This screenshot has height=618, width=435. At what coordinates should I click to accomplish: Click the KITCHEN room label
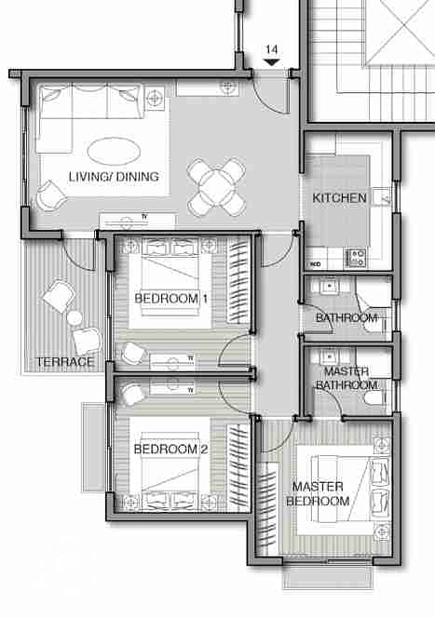pos(339,198)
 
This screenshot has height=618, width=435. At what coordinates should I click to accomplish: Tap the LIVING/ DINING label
pos(114,177)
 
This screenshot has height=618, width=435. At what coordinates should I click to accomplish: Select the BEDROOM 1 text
pos(170,299)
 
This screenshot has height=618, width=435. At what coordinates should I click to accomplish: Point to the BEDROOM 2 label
pos(170,449)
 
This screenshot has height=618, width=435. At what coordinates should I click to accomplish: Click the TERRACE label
pos(65,362)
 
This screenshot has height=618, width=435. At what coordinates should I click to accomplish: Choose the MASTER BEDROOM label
pos(318,493)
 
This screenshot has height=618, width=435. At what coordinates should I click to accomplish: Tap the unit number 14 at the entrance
pos(271,49)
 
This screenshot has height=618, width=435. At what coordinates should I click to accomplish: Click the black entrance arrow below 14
pos(271,62)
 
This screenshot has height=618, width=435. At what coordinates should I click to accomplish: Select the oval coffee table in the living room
pos(114,152)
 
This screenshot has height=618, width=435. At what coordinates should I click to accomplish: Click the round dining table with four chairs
pos(216,187)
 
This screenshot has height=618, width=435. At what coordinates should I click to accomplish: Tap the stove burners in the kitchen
pos(356,258)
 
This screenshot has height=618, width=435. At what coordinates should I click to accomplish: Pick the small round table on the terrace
pos(75,317)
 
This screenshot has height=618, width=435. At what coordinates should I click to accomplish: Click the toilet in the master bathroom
pos(374,397)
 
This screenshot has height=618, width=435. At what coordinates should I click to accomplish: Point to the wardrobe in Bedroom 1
pos(239,281)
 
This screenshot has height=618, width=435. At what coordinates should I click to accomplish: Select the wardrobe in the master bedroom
pos(267,508)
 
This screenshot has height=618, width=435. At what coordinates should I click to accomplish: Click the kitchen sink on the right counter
pos(381,197)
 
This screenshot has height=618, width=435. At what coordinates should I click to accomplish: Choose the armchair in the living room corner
pos(51,195)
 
